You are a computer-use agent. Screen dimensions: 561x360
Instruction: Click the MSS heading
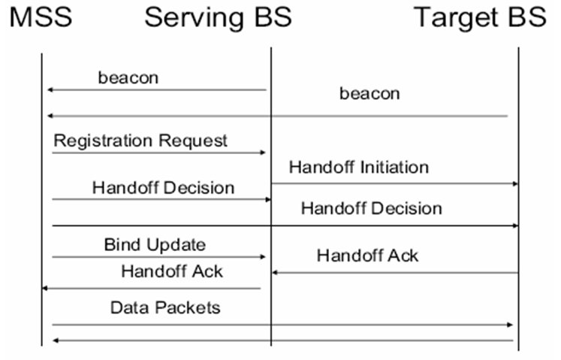pyautogui.click(x=41, y=17)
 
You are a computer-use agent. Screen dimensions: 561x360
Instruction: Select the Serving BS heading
pyautogui.click(x=218, y=17)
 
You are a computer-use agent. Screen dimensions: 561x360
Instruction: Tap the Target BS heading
pyautogui.click(x=480, y=17)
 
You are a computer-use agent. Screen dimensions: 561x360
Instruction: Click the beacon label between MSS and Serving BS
pyautogui.click(x=128, y=77)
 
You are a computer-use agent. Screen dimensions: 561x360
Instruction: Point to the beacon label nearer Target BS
pyautogui.click(x=369, y=93)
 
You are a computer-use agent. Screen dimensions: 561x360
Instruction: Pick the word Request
pyautogui.click(x=193, y=141)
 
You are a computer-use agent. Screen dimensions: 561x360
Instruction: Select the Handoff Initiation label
pyautogui.click(x=359, y=168)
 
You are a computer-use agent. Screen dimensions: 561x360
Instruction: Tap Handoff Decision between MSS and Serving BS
pyautogui.click(x=163, y=188)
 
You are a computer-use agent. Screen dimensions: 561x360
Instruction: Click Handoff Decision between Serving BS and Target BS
pyautogui.click(x=372, y=208)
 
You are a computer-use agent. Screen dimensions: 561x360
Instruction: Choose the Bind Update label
pyautogui.click(x=155, y=245)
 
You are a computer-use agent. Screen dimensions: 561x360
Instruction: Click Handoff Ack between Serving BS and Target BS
pyautogui.click(x=367, y=256)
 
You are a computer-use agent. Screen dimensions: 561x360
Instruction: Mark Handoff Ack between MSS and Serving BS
pyautogui.click(x=172, y=271)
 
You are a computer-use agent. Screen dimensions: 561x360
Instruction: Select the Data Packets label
pyautogui.click(x=165, y=307)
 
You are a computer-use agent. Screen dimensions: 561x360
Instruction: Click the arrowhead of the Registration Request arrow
pyautogui.click(x=263, y=153)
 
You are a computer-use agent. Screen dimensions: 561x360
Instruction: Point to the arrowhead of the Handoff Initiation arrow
pyautogui.click(x=515, y=184)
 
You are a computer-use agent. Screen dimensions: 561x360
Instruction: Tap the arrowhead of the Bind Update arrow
pyautogui.click(x=263, y=257)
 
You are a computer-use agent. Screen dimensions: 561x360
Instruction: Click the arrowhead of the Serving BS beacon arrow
pyautogui.click(x=50, y=89)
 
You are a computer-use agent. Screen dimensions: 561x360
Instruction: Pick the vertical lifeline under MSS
pyautogui.click(x=42, y=199)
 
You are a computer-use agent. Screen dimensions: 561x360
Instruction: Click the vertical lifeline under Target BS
pyautogui.click(x=518, y=199)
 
